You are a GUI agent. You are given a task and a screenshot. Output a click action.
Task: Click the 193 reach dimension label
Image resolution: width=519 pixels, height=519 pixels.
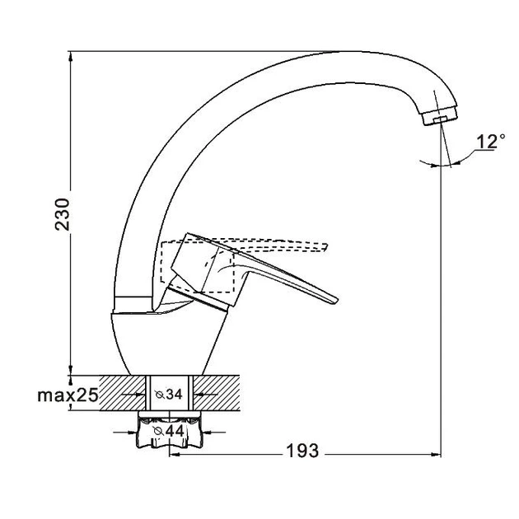click(302, 451)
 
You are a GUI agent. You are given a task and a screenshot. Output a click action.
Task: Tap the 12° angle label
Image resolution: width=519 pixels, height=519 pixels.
click(489, 141)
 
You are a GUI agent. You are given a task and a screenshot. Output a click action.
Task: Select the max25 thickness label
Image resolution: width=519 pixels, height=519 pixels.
click(68, 396)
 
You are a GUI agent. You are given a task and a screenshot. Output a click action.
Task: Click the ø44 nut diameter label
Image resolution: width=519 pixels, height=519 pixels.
click(170, 429)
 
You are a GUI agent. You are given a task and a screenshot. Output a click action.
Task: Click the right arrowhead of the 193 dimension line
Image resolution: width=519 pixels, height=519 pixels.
click(437, 452)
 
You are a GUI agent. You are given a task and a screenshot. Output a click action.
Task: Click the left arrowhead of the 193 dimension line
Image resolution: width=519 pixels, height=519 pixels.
click(174, 452)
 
